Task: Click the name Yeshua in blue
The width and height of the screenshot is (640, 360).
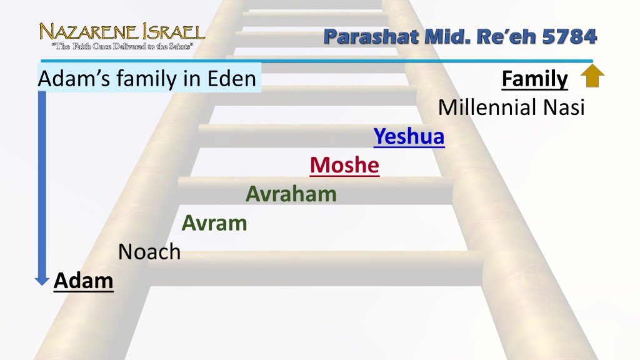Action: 409,136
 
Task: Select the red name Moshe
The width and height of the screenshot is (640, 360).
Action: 344,165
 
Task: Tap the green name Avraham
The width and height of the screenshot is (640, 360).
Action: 291,194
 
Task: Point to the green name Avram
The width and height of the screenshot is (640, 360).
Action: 214,223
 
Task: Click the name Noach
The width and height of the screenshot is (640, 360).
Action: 149,252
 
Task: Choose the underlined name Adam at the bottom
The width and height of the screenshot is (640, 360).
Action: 84,281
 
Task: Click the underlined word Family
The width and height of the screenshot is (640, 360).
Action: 535,79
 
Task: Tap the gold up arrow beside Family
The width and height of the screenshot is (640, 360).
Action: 592,76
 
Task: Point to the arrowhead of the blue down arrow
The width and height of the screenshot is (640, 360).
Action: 42,281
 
